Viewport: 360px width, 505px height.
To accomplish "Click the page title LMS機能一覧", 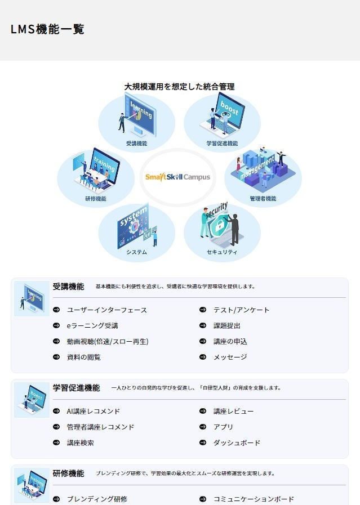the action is [47, 30].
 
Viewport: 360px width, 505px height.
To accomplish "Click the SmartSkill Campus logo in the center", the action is [177, 177].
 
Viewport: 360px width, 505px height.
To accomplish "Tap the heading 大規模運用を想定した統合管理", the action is [179, 87].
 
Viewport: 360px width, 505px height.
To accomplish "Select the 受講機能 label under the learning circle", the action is [136, 144].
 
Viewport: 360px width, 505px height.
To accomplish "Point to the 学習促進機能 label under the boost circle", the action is [222, 144].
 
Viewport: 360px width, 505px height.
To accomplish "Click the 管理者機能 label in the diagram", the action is [263, 198].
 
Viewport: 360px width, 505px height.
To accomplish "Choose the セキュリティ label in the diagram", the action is [222, 252].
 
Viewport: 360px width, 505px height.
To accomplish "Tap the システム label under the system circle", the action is [136, 252].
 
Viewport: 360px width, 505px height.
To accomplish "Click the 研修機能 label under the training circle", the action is [95, 198].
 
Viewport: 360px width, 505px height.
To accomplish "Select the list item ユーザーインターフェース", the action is [106, 310].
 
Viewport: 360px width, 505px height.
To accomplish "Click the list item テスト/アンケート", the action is [241, 310].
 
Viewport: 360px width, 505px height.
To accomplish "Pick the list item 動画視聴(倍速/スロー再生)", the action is [107, 341].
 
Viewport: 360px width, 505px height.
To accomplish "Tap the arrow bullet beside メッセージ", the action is [202, 357].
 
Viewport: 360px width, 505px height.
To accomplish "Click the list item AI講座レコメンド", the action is [93, 412].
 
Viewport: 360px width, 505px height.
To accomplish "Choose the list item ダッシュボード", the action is [237, 443].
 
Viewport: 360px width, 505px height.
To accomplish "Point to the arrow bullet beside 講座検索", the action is [56, 443].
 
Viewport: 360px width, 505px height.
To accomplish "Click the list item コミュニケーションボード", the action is [254, 499].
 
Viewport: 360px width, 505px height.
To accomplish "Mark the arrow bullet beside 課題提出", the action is [202, 326].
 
